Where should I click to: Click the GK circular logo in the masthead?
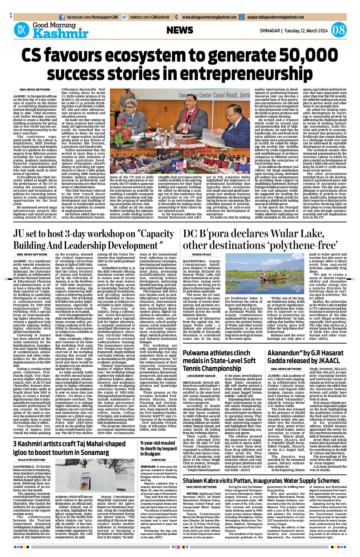click(21, 30)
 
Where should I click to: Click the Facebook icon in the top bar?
click(62, 17)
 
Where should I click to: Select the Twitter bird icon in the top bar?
click(125, 17)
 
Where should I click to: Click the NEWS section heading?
click(180, 30)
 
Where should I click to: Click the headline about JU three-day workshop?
click(93, 240)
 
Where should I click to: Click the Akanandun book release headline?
click(305, 357)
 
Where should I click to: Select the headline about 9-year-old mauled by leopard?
click(158, 448)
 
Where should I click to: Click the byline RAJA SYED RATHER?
click(31, 460)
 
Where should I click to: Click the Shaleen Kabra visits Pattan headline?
click(261, 481)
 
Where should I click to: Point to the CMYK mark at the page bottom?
click(180, 547)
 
